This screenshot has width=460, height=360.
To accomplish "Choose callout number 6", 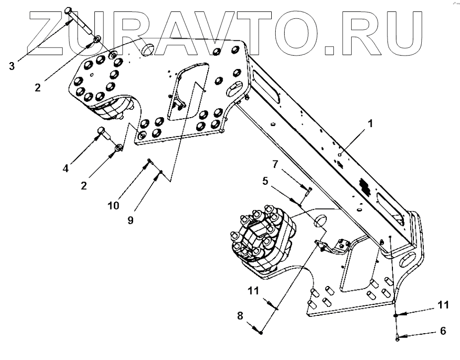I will tap(443, 331).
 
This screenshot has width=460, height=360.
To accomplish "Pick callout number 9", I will tap(130, 220).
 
